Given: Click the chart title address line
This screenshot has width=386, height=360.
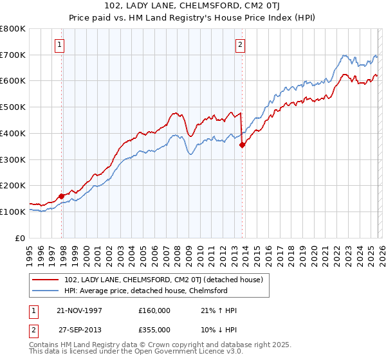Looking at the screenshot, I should [193, 6].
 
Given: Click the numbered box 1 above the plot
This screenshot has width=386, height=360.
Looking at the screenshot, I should [59, 45].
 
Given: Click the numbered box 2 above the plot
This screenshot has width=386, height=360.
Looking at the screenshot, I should [239, 45].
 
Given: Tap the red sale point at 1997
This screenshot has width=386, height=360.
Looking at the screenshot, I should [62, 195].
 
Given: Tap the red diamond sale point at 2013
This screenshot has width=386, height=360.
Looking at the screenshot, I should [242, 145].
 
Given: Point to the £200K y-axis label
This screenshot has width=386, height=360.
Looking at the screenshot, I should [13, 185].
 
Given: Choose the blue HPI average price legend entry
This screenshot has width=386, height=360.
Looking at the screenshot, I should [145, 291].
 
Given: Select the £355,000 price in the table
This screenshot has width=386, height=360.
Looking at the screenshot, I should [154, 329].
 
